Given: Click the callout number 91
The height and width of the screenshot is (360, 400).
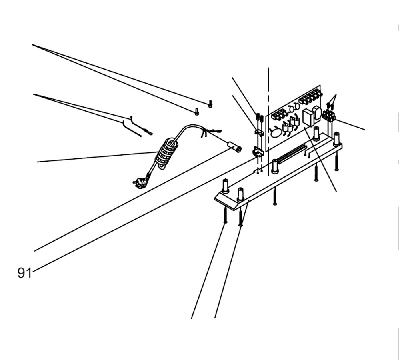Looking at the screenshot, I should click(24, 273).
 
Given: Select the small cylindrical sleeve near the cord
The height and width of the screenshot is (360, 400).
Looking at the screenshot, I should click(235, 149).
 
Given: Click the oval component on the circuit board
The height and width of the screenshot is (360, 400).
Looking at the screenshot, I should click(276, 132).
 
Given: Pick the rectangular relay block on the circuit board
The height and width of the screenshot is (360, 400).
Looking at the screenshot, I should click(308, 118).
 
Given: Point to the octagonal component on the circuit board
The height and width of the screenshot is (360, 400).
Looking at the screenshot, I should click(317, 112).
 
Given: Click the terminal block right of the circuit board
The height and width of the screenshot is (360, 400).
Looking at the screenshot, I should click(328, 116).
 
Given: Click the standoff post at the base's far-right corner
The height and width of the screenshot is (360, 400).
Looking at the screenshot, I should click(336, 138).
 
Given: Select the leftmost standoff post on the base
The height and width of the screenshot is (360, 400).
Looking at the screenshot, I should click(225, 186).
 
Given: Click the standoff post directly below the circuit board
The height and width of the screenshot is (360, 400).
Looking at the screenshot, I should click(275, 166).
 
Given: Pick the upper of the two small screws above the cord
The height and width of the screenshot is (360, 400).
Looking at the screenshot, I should click(210, 104).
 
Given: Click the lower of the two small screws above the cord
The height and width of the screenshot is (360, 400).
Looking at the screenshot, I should click(196, 112).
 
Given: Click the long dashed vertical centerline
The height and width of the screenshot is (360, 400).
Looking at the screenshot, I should click(268, 92).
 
